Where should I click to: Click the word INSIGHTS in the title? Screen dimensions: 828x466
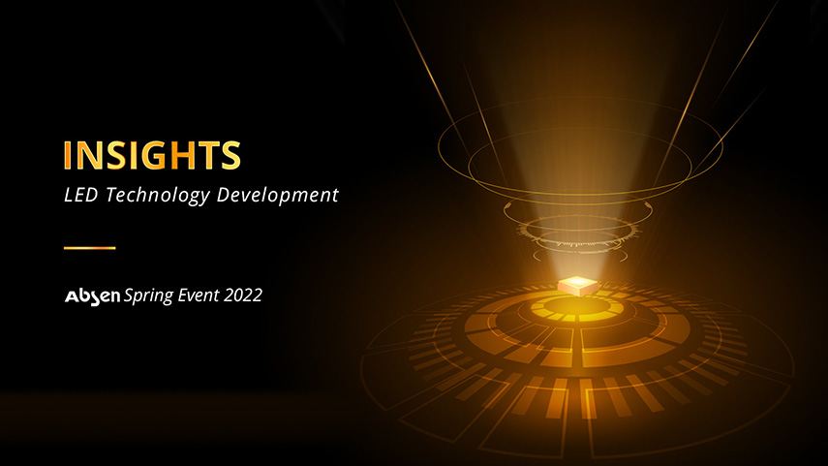152,155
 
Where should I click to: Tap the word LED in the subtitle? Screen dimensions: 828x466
80,195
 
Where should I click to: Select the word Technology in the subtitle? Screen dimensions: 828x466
157,196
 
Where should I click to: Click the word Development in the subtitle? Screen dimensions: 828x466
278,196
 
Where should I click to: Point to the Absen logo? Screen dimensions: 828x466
92,296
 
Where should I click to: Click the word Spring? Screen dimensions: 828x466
148,295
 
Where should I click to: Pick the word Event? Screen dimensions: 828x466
198,295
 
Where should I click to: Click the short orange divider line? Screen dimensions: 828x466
90,247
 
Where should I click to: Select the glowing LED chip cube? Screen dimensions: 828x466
578,285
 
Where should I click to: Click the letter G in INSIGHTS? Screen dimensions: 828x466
156,155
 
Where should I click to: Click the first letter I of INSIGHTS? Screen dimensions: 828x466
67,155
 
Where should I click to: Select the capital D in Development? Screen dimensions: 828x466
225,195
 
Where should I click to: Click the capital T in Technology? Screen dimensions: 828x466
111,195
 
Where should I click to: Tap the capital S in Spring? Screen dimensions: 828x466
130,295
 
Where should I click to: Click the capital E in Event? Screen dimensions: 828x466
184,295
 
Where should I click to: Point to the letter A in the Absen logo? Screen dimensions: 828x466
73,296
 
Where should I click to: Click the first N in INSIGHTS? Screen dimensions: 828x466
88,155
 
